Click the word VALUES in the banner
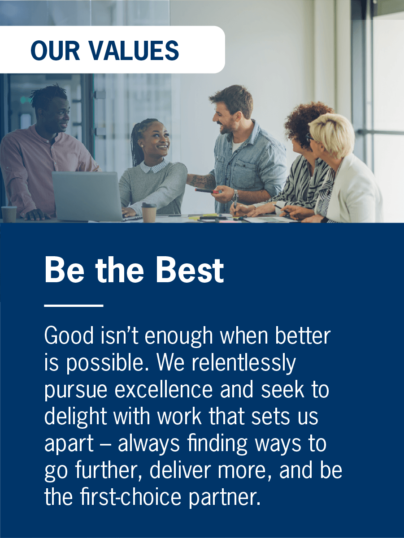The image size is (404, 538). pos(134,50)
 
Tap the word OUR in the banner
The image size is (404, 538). pos(56,50)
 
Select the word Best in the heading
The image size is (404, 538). pos(189,271)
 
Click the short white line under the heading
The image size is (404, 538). pos(74,306)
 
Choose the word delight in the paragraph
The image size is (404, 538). pos(75,417)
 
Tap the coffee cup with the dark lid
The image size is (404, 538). pos(149,212)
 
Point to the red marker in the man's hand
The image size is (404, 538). pos(207,191)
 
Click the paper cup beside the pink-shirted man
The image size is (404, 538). pos(9,214)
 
